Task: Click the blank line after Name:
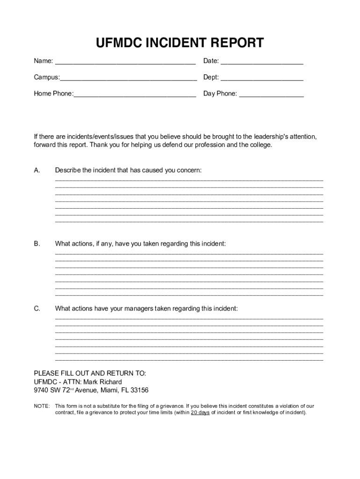click(x=125, y=63)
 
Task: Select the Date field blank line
click(x=262, y=63)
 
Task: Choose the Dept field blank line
click(x=262, y=80)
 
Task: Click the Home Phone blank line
click(x=135, y=96)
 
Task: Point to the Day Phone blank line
click(x=271, y=96)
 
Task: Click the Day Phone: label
click(x=220, y=94)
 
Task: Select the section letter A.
click(x=37, y=170)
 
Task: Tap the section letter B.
click(x=37, y=244)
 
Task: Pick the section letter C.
click(x=37, y=309)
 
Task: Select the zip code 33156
click(x=139, y=390)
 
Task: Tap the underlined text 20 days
click(x=200, y=413)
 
